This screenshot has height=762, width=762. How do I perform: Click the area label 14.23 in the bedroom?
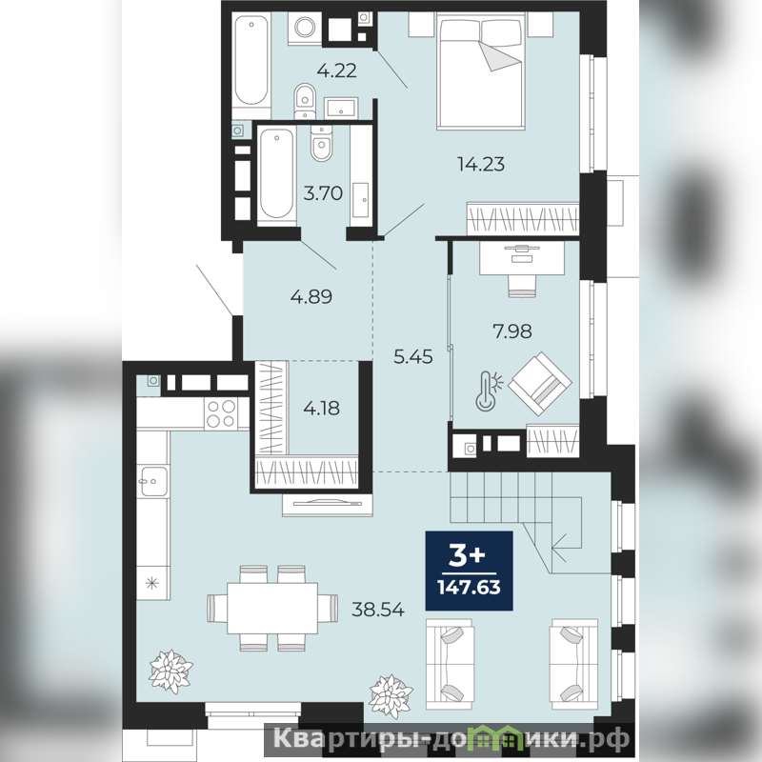481,164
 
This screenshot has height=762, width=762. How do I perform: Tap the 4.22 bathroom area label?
337,70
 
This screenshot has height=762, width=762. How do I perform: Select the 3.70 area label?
323,193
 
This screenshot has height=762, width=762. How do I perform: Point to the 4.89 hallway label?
311,296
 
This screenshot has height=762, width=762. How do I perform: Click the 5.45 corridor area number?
413,357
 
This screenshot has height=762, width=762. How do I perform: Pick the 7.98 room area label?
512,331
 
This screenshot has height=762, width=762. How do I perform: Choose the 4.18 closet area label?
322,409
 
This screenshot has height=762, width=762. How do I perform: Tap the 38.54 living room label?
378,610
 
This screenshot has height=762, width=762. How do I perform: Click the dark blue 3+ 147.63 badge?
469,571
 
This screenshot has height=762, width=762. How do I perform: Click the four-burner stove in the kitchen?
221,413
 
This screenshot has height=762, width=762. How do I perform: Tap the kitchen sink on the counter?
153,481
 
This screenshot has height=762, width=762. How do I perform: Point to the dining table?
272,608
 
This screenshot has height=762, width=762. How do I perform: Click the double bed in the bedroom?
481,71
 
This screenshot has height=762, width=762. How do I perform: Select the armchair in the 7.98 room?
539,384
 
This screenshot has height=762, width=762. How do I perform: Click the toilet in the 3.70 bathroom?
321,144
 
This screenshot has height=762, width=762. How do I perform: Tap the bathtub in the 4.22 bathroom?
251,60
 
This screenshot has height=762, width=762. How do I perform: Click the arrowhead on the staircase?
559,547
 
